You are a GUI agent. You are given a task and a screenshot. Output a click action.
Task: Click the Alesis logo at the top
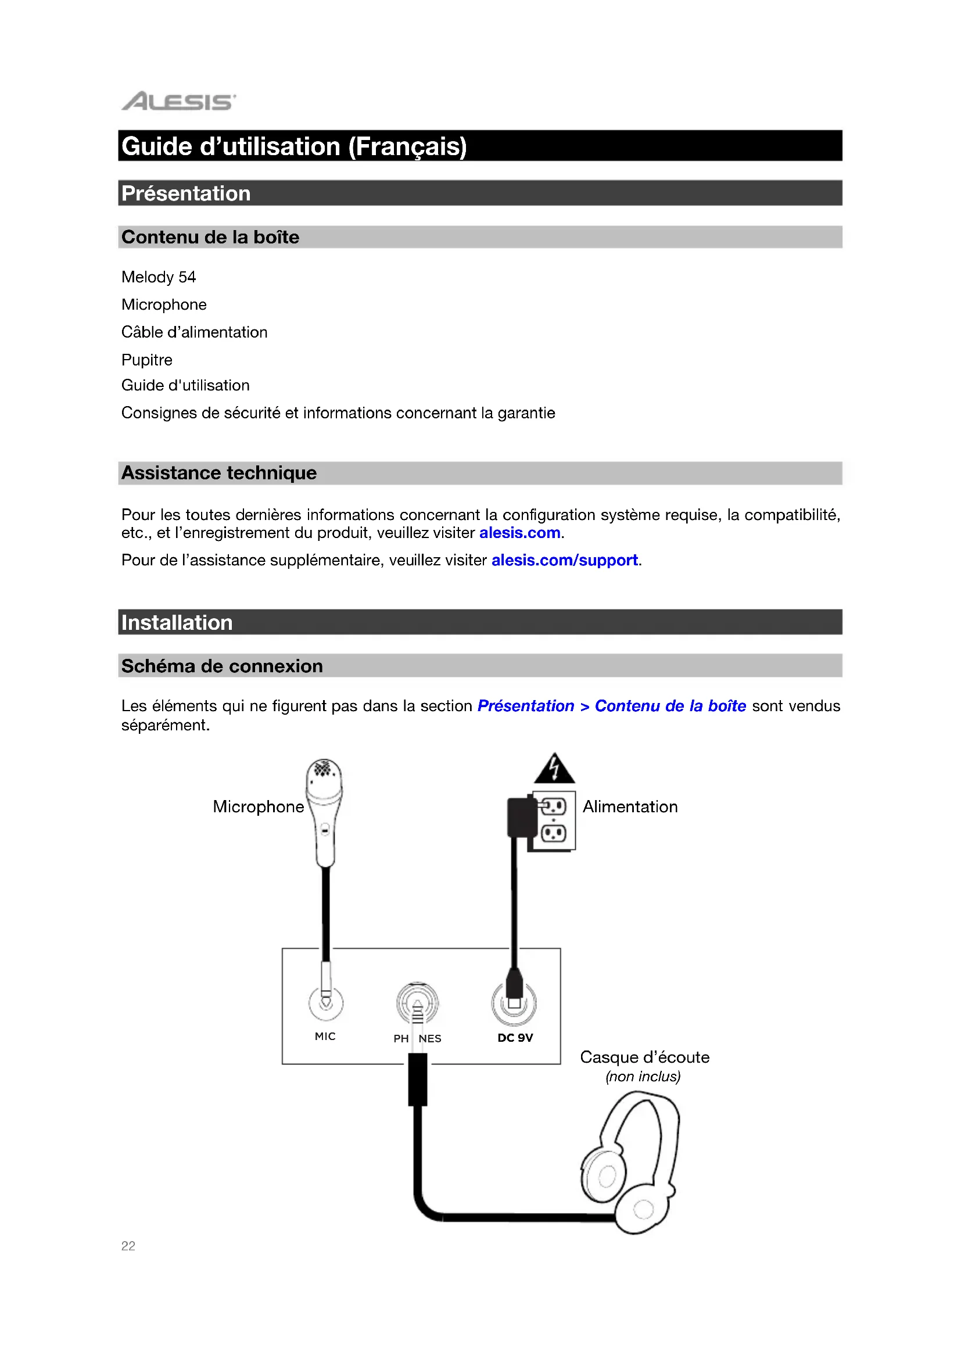point(178,101)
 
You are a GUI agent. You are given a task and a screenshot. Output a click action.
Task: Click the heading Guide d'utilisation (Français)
point(294,146)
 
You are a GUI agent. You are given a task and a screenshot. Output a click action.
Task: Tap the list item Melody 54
point(159,277)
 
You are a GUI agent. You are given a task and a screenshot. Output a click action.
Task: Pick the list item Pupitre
point(147,360)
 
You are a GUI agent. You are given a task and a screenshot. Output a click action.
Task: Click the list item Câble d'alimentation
point(194,332)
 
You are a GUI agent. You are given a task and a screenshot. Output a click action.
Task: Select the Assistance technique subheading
point(219,473)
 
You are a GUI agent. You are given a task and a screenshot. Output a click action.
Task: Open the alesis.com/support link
point(565,560)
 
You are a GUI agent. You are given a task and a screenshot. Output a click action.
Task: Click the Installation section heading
point(177,623)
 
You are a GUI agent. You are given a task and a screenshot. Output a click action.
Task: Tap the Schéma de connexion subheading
point(222,666)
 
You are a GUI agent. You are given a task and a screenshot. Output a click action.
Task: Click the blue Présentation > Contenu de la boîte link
point(611,706)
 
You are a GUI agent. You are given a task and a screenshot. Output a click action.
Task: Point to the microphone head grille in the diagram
point(323,769)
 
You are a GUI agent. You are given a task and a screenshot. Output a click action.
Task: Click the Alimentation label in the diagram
point(630,807)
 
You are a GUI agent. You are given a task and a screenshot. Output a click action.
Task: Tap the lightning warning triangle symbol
point(554,769)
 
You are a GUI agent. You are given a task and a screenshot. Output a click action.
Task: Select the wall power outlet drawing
point(554,821)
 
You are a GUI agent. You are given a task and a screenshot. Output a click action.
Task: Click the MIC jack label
point(325,1037)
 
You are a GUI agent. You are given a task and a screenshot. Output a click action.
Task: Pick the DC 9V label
point(515,1038)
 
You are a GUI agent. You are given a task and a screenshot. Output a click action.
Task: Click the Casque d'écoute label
point(644,1057)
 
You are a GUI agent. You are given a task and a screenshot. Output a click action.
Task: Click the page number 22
point(128,1246)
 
